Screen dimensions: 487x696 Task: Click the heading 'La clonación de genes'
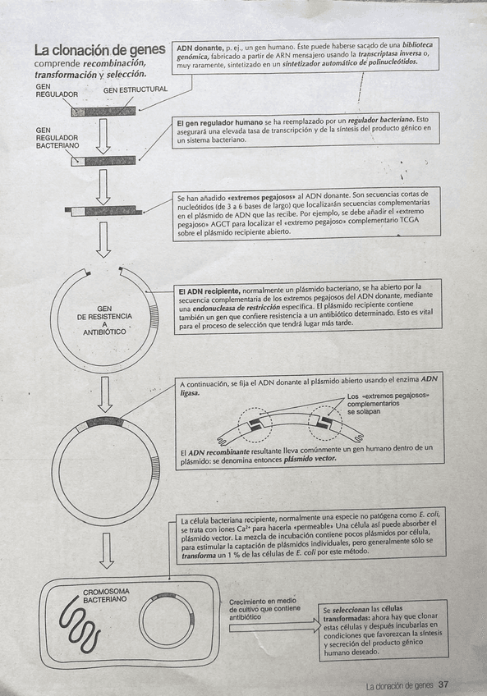99,49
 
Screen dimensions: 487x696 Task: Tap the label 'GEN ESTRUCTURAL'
136,89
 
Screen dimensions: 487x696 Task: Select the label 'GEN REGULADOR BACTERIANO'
57,138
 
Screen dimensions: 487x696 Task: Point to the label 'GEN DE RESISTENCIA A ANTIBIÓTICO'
104,320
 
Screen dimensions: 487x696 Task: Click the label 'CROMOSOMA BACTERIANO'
105,595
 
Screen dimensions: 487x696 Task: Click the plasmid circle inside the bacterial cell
166,623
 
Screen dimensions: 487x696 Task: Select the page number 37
443,685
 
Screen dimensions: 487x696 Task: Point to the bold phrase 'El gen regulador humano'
219,122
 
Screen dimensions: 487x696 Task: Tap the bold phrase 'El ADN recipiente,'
209,290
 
